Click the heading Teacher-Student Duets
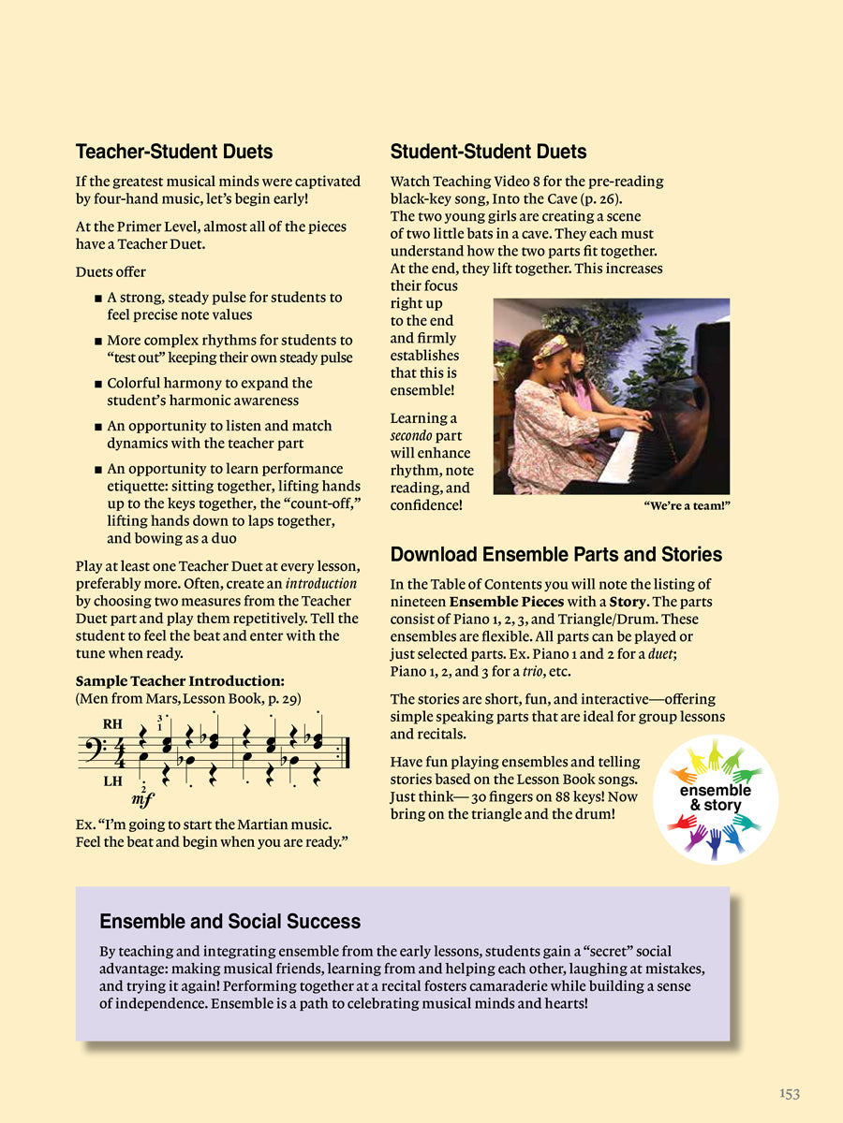173,152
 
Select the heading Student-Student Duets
488,152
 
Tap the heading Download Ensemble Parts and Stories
555,554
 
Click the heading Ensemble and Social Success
229,922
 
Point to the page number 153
789,1093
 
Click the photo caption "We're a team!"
687,506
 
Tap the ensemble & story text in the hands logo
715,797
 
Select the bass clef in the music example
90,750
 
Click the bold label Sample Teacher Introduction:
180,680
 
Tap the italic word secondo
410,436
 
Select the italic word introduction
320,583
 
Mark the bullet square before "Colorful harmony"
98,384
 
